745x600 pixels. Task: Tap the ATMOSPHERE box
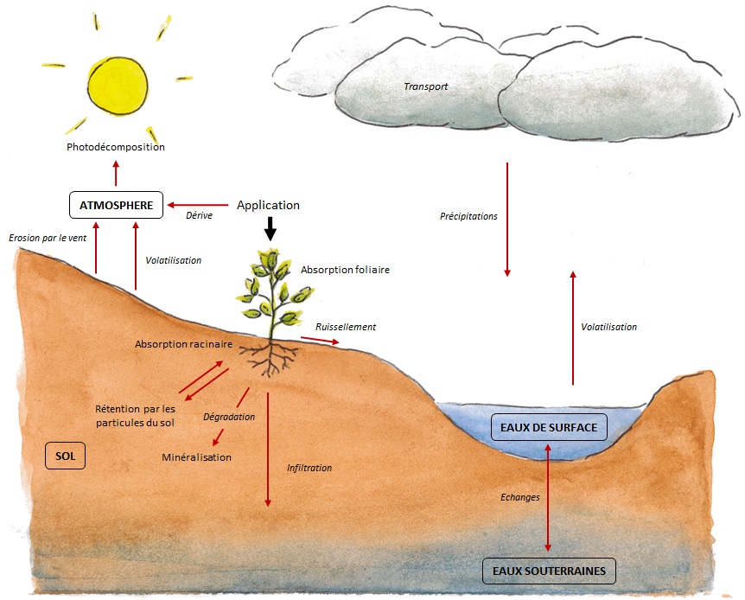117,205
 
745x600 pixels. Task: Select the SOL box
66,455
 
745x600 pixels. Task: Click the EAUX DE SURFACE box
548,426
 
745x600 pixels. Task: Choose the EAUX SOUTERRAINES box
549,571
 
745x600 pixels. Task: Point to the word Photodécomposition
116,147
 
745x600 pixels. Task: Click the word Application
268,205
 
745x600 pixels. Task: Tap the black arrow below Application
270,228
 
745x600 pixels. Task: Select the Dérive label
200,215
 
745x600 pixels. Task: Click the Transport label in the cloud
425,86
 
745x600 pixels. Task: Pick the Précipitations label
468,216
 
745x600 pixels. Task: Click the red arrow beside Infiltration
268,450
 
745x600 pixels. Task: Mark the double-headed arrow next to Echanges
548,497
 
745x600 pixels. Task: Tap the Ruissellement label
346,327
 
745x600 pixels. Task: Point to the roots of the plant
271,357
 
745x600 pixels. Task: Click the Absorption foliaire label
345,270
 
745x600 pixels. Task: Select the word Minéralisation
196,456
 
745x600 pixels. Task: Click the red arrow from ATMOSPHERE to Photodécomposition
116,174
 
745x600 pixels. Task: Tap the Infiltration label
309,468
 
